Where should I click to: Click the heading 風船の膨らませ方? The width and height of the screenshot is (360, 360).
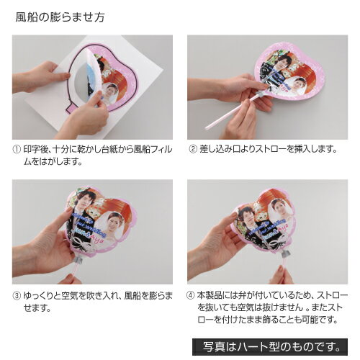click(60, 17)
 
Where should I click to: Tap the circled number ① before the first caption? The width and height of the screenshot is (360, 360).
click(17, 150)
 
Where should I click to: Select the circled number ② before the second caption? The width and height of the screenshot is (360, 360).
click(193, 149)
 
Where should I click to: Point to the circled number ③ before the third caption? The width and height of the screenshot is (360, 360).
click(17, 296)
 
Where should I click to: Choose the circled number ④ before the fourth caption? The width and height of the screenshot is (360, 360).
click(190, 295)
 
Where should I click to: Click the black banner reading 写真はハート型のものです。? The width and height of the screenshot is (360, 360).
click(270, 347)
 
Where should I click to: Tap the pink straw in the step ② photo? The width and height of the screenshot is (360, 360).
click(231, 112)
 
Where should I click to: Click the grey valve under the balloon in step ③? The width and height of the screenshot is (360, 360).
click(80, 259)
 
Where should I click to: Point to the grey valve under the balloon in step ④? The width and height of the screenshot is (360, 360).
click(286, 253)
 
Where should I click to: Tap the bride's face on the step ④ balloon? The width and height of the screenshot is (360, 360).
click(279, 207)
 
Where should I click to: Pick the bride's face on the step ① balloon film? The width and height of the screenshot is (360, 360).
click(109, 91)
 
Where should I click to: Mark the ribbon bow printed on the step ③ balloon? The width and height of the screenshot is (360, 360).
click(81, 243)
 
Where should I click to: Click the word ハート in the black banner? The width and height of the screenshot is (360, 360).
click(253, 347)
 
